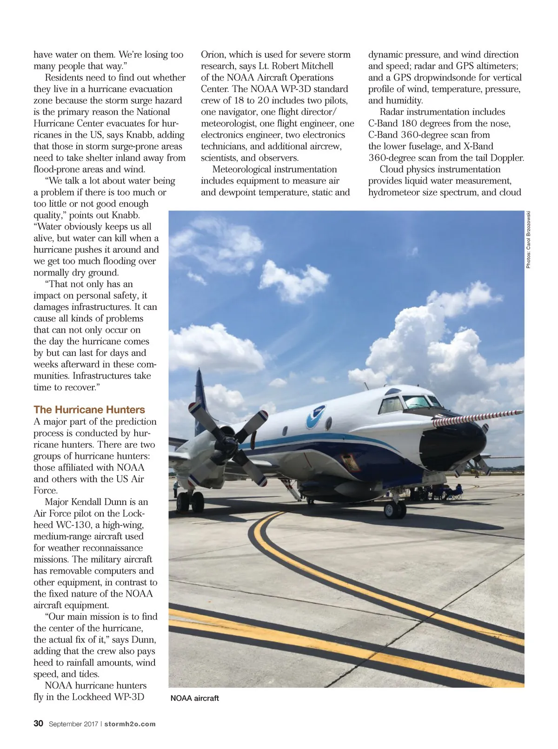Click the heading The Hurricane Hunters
coord(89,409)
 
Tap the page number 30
coord(38,723)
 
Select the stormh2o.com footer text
coord(130,724)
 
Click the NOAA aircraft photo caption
coord(194,698)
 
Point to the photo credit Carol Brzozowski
coord(528,240)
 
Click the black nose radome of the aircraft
coord(453,444)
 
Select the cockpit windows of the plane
coord(409,402)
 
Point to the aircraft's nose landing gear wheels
coord(395,509)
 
